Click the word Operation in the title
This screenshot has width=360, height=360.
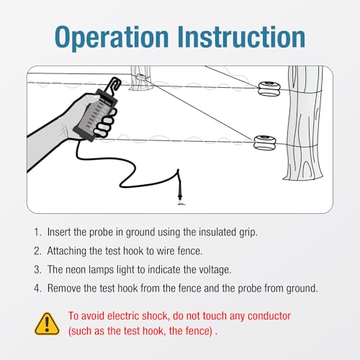point(112,38)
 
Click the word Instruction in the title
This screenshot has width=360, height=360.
point(241,37)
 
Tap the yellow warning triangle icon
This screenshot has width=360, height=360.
point(47,324)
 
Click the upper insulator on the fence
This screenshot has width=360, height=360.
point(269,89)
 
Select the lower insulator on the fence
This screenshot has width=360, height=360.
point(265,143)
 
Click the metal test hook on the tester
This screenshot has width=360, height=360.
point(113,84)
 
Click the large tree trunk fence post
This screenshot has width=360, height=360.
point(304,122)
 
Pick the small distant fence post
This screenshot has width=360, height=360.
point(140,78)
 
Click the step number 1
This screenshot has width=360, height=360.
point(37,232)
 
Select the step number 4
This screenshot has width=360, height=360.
point(37,288)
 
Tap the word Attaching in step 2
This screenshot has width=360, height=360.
point(67,251)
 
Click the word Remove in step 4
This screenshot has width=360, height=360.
point(64,288)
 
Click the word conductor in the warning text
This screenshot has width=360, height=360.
point(269,316)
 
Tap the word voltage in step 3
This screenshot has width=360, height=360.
point(215,270)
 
